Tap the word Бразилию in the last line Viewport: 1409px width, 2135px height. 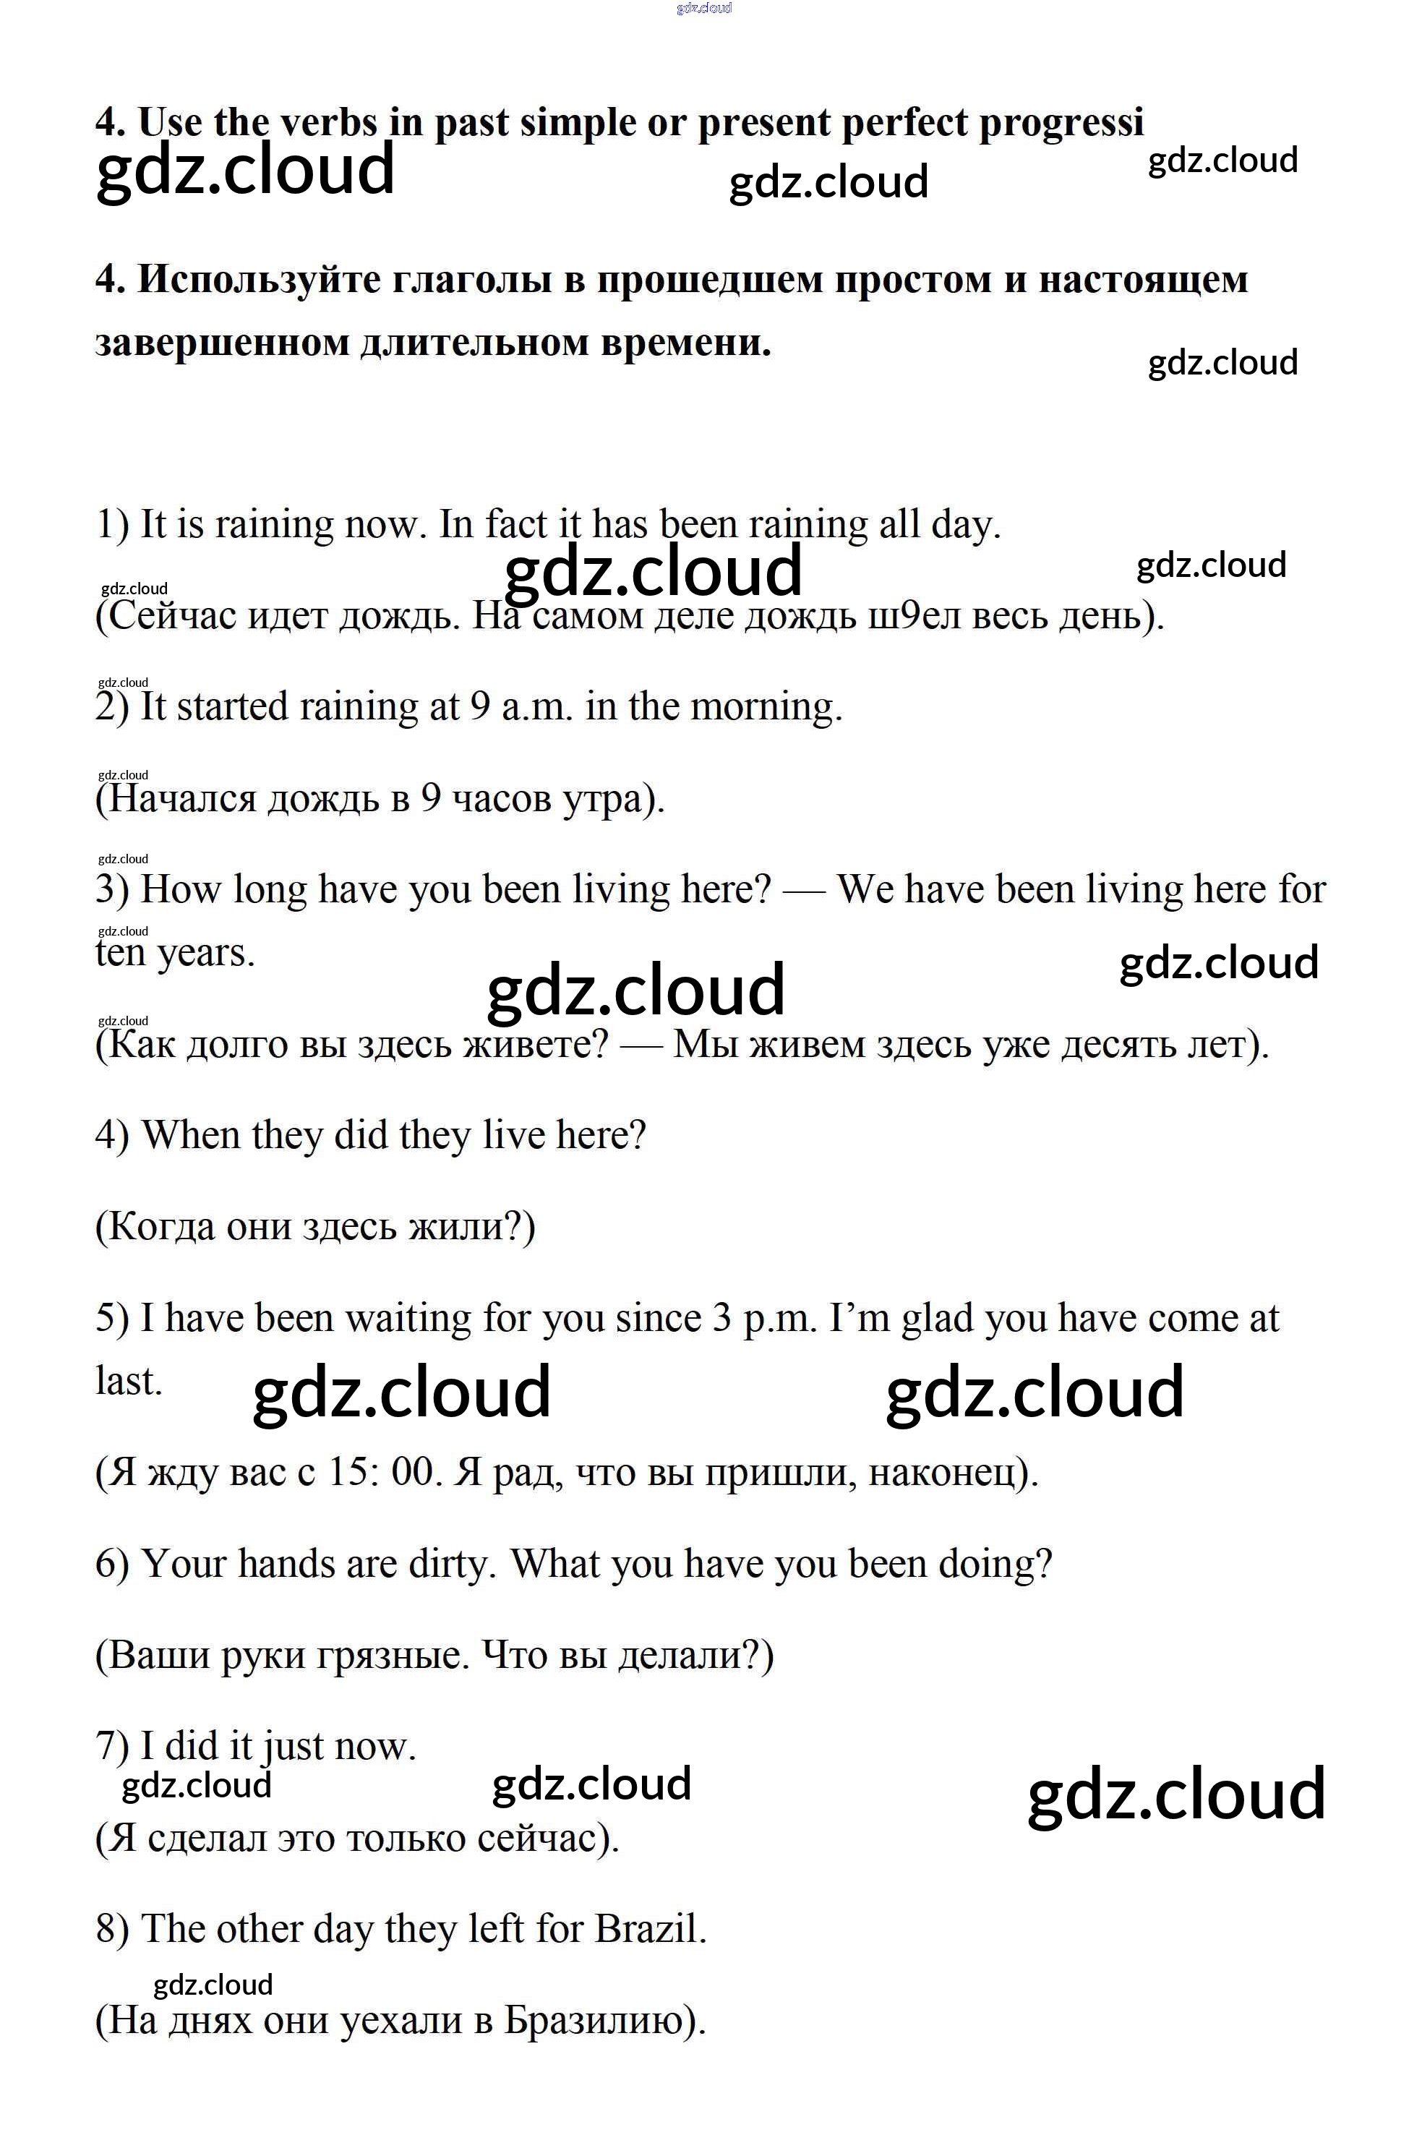(x=593, y=2021)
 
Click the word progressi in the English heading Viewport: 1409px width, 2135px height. (x=1061, y=122)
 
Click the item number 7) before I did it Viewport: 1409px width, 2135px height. (x=112, y=1747)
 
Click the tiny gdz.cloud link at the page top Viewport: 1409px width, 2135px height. (x=704, y=8)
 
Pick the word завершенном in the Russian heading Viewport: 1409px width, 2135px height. (x=222, y=343)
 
